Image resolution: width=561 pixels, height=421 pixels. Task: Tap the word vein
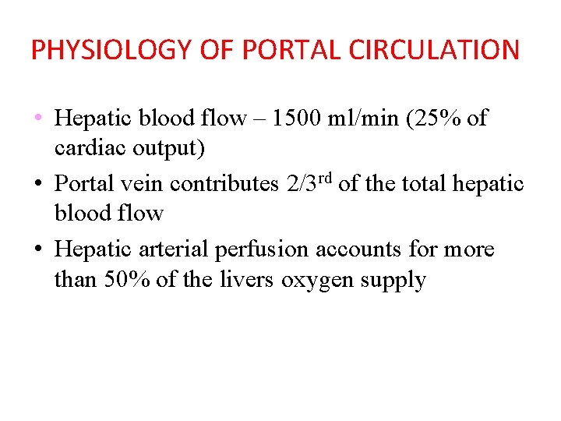click(143, 184)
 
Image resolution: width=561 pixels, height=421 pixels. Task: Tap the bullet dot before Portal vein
click(38, 185)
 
